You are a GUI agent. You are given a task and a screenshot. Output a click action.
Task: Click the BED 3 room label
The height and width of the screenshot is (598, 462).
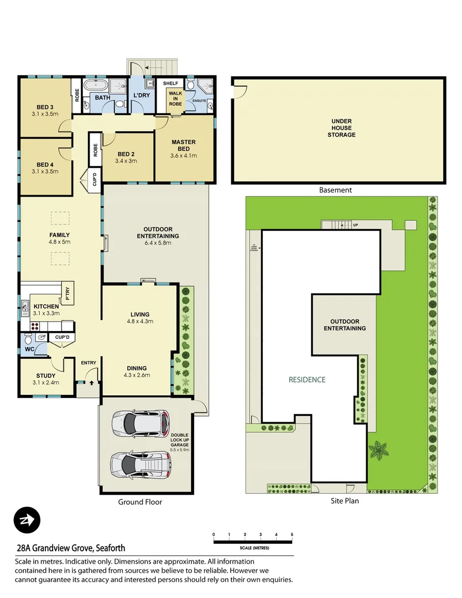click(45, 107)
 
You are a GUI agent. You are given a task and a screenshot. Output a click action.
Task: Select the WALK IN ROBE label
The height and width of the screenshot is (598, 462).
click(175, 99)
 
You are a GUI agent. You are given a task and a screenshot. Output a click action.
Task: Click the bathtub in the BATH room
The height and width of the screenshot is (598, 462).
click(100, 85)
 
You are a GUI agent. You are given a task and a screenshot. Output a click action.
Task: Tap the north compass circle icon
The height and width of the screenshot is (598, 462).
click(27, 520)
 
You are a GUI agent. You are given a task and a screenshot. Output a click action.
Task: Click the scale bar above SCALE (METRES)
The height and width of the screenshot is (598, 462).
click(252, 541)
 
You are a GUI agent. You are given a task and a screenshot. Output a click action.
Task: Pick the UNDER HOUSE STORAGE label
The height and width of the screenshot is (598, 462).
click(341, 128)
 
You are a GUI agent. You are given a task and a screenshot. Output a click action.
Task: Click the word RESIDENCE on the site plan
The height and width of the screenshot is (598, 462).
click(307, 380)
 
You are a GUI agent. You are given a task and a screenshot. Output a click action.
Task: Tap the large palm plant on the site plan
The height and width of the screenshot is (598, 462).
click(380, 451)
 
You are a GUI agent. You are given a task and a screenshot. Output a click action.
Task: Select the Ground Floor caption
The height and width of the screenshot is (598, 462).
click(140, 502)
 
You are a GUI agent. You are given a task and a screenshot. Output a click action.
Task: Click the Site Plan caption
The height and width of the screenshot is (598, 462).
click(345, 501)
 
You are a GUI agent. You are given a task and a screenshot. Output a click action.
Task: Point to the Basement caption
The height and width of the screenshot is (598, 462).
click(335, 190)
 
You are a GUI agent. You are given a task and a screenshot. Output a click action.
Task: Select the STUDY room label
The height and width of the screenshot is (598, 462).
click(45, 376)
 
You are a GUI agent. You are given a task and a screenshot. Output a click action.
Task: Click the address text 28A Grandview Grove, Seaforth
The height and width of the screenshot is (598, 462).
click(71, 549)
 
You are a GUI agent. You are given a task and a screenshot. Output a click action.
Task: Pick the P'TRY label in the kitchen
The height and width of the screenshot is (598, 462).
click(67, 293)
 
